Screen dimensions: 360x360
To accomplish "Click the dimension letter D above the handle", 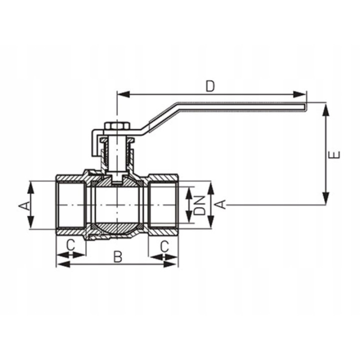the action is click(210, 86).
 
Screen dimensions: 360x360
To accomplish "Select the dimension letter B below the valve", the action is click(118, 256).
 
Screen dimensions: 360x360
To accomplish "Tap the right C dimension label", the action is click(164, 246).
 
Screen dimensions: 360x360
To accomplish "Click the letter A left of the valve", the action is click(24, 205).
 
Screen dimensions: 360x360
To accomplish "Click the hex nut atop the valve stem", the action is click(117, 126).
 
